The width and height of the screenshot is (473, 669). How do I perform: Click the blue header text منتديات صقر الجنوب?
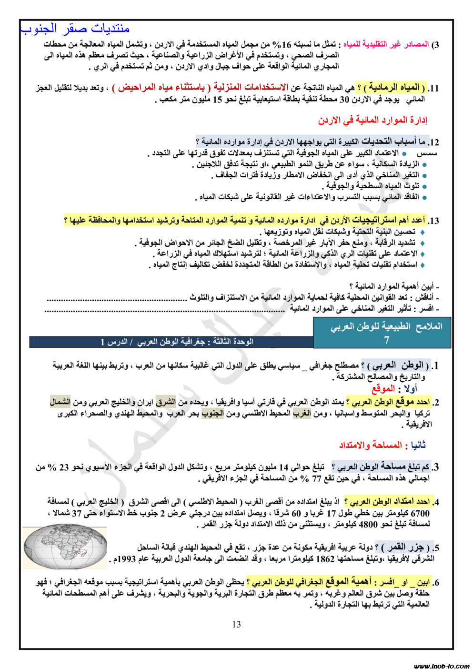point(75,29)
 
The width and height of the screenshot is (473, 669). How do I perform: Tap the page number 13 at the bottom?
point(237,624)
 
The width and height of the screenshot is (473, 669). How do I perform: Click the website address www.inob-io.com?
point(441,666)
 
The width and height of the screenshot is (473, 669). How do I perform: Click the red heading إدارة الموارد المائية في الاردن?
point(372,120)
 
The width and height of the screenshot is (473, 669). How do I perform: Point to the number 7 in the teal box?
point(386,340)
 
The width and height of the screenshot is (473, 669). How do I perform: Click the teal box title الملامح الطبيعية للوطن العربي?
point(386,326)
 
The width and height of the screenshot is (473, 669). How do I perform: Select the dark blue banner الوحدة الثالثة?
point(171,342)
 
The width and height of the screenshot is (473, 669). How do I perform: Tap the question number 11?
point(433,89)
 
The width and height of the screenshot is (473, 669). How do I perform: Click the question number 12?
point(433,142)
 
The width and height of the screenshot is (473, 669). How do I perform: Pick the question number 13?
point(433,221)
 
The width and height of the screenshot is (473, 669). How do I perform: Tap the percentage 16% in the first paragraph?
point(287,44)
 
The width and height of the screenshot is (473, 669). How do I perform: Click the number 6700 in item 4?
point(420,514)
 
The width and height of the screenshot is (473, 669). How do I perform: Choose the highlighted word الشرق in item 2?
point(165,402)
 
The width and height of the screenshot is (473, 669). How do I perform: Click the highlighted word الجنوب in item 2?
point(212,413)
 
